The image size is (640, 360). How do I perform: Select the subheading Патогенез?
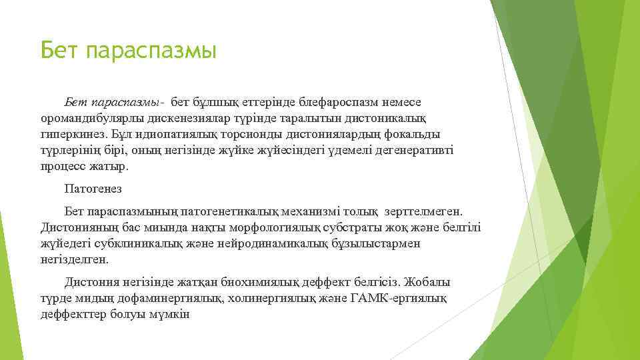tap(93, 189)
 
